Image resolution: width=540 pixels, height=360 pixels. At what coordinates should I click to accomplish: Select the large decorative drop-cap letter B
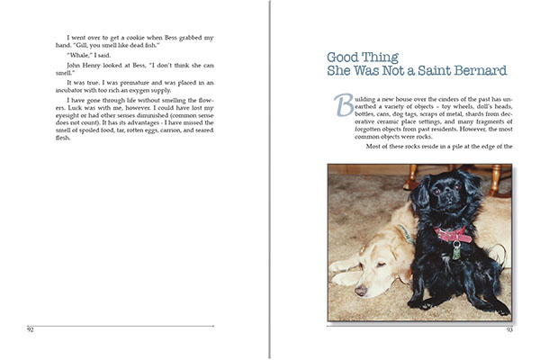343,104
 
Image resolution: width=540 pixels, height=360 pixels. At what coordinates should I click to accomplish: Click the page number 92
30,329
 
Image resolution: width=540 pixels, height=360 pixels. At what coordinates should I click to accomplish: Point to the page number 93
508,329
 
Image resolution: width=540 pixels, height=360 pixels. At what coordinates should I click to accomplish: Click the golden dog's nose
360,290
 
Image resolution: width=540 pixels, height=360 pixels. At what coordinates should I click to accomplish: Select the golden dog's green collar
407,236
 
